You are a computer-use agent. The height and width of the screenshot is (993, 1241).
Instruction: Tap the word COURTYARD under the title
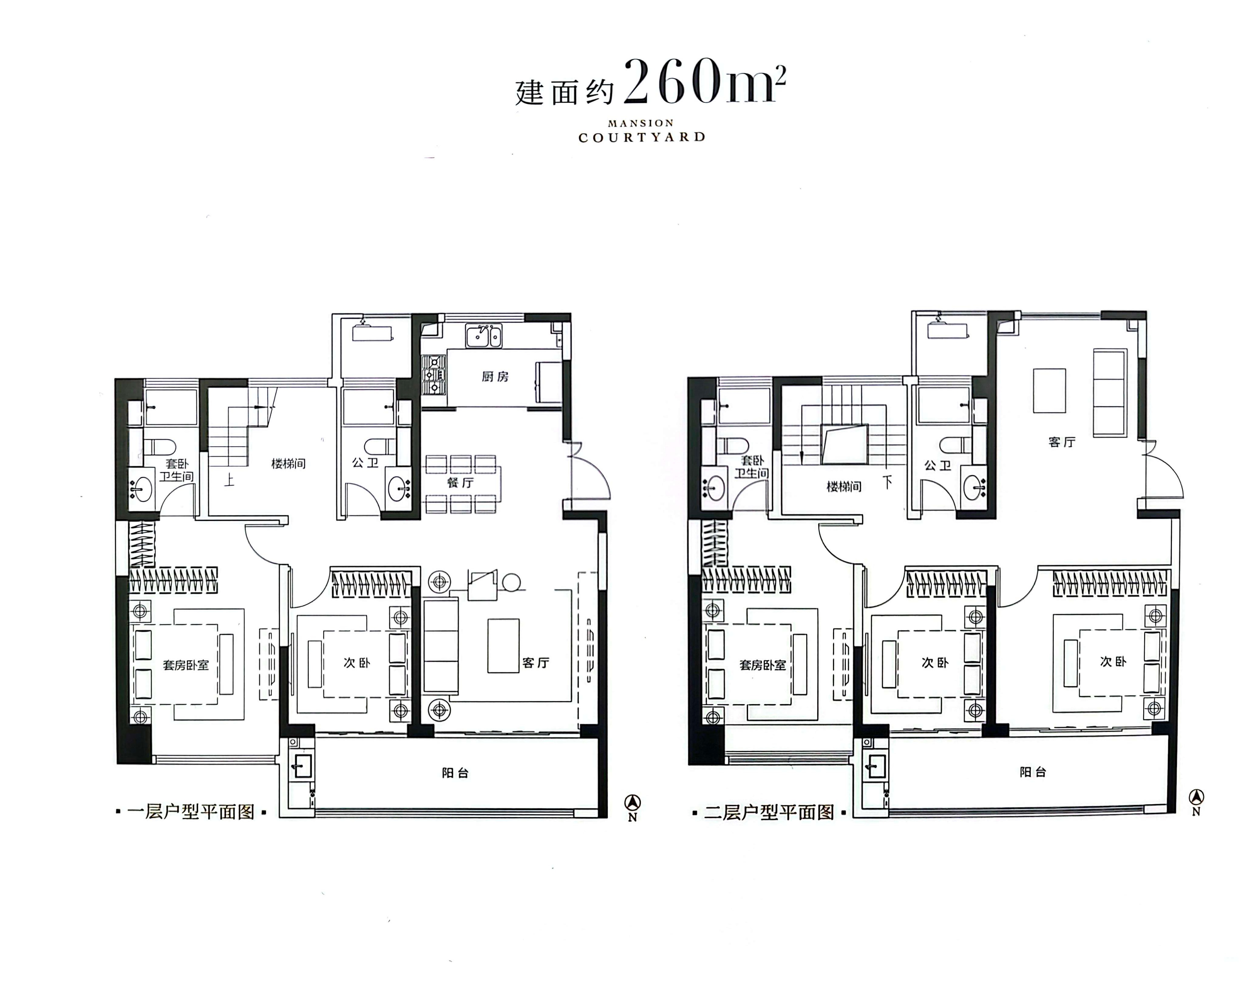pos(642,137)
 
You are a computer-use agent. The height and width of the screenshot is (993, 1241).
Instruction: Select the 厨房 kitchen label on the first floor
pos(495,377)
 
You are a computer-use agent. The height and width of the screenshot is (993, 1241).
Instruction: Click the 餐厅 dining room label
pos(460,483)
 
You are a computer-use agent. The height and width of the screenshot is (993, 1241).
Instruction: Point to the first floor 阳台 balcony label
pos(455,773)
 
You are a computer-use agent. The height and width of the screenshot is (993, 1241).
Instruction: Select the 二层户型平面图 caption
pos(769,812)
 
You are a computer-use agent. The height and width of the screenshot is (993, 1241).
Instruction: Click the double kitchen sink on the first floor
pos(483,336)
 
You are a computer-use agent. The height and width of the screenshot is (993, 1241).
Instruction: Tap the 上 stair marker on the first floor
pos(229,479)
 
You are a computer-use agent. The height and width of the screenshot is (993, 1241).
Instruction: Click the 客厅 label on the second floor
pos(1062,442)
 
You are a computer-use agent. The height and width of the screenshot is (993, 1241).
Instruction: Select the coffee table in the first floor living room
pos(503,646)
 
